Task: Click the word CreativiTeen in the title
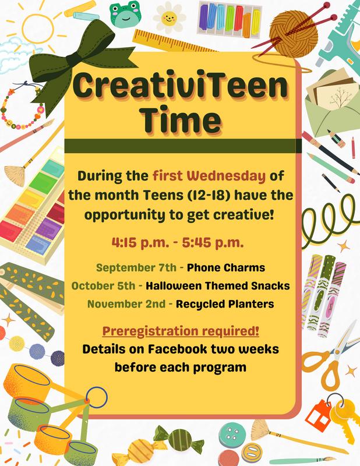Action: tap(180, 85)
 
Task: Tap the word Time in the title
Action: tap(181, 119)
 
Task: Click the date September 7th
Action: tap(136, 267)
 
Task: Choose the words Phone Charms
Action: tap(226, 267)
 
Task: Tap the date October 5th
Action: tap(103, 286)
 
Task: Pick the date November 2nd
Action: tap(126, 304)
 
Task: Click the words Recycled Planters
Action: tap(225, 304)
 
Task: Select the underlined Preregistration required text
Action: tap(181, 331)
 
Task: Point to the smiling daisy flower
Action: tap(169, 17)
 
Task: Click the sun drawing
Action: tap(38, 29)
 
